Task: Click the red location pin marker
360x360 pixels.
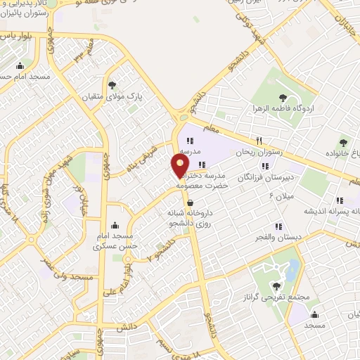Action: [180, 166]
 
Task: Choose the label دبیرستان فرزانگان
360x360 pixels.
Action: [265, 179]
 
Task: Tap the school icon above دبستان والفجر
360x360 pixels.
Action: [278, 226]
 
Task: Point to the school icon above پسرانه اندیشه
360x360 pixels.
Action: [340, 200]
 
